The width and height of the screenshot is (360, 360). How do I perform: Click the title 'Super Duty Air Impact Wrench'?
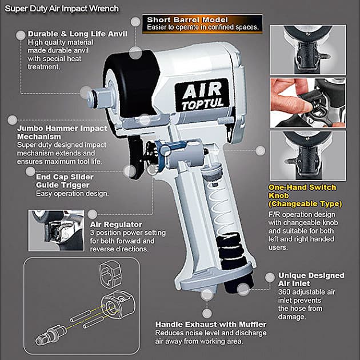(x=62, y=9)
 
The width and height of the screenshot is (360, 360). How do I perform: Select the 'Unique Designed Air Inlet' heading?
(x=311, y=279)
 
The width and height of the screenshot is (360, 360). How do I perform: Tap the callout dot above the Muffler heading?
(x=207, y=294)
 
